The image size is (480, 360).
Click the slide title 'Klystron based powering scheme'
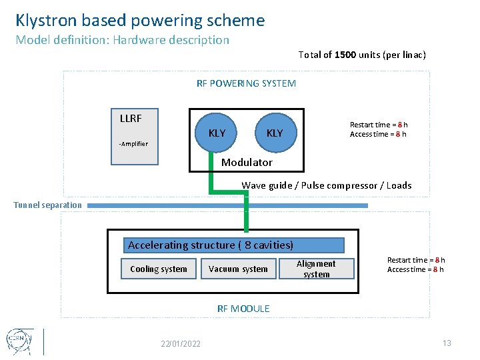coord(140,21)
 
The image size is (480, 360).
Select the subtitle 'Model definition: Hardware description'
coord(122,40)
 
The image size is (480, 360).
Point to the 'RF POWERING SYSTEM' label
coord(246,83)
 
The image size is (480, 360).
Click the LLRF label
coord(131,119)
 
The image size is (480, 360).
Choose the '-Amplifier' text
coord(133,144)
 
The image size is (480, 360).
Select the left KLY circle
coord(217,133)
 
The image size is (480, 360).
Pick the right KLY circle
coord(275,133)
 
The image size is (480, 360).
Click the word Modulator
coord(247,163)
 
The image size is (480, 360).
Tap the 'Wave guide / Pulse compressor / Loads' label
coord(326,185)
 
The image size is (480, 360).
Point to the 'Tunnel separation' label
coord(48,205)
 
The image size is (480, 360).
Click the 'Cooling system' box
coord(159,269)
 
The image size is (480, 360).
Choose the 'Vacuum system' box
coord(238,269)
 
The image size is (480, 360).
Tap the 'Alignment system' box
coord(316,269)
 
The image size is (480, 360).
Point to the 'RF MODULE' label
coord(243,309)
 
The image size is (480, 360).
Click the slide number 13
coord(447,343)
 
